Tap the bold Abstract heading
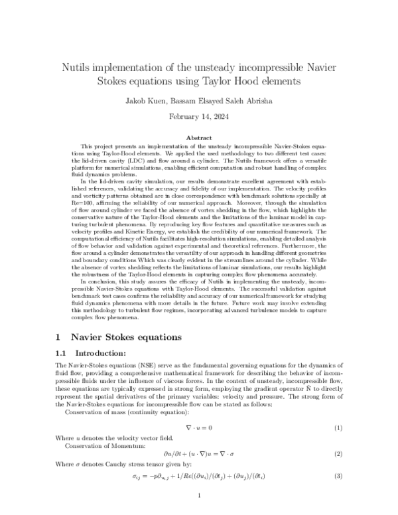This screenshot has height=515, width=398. pos(199,137)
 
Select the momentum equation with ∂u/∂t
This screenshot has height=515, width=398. pos(199,453)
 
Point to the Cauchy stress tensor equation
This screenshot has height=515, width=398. pos(199,477)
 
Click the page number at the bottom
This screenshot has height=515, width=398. pos(199,496)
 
